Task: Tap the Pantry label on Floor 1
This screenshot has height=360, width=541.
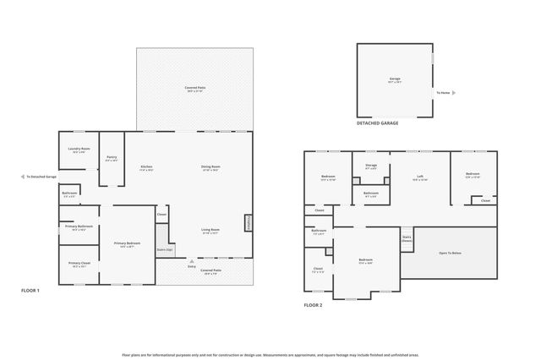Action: (112, 158)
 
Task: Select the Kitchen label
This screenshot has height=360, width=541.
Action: (146, 167)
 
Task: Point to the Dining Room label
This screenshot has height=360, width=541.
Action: (210, 167)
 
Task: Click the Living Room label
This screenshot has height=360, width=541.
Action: (210, 231)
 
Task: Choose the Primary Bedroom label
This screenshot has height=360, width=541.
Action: (127, 244)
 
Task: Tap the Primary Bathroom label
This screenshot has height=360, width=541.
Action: (80, 227)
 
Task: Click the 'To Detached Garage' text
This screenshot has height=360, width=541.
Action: (41, 177)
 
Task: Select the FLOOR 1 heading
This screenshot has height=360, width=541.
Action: (31, 290)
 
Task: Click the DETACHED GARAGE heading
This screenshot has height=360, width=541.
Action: (377, 123)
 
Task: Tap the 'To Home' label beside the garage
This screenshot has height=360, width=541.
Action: (444, 93)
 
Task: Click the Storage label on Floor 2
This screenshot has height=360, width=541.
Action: (371, 166)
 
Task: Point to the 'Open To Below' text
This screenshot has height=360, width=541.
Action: (450, 254)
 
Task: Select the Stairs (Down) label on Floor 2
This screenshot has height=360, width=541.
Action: (407, 239)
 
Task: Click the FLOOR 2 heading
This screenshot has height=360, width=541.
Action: (314, 306)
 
